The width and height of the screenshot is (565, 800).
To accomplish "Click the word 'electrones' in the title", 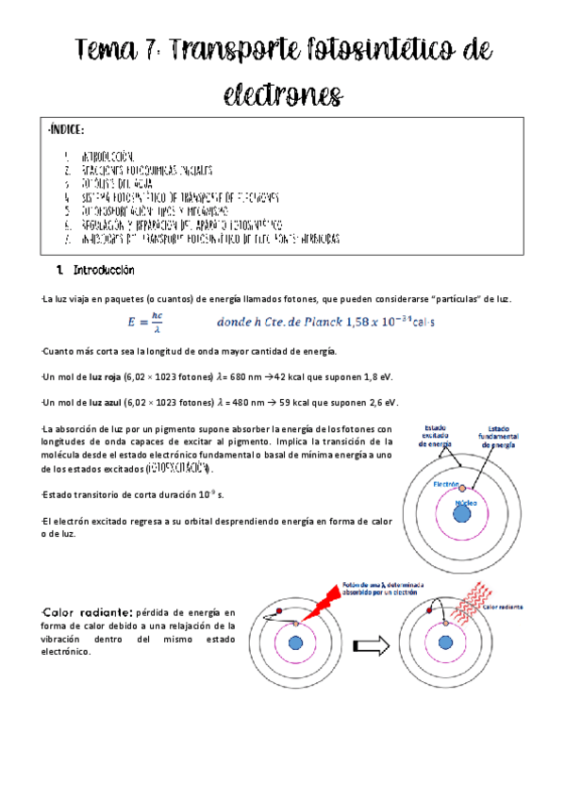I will (282, 94).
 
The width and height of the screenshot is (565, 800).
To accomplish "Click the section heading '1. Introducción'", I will (96, 272).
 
